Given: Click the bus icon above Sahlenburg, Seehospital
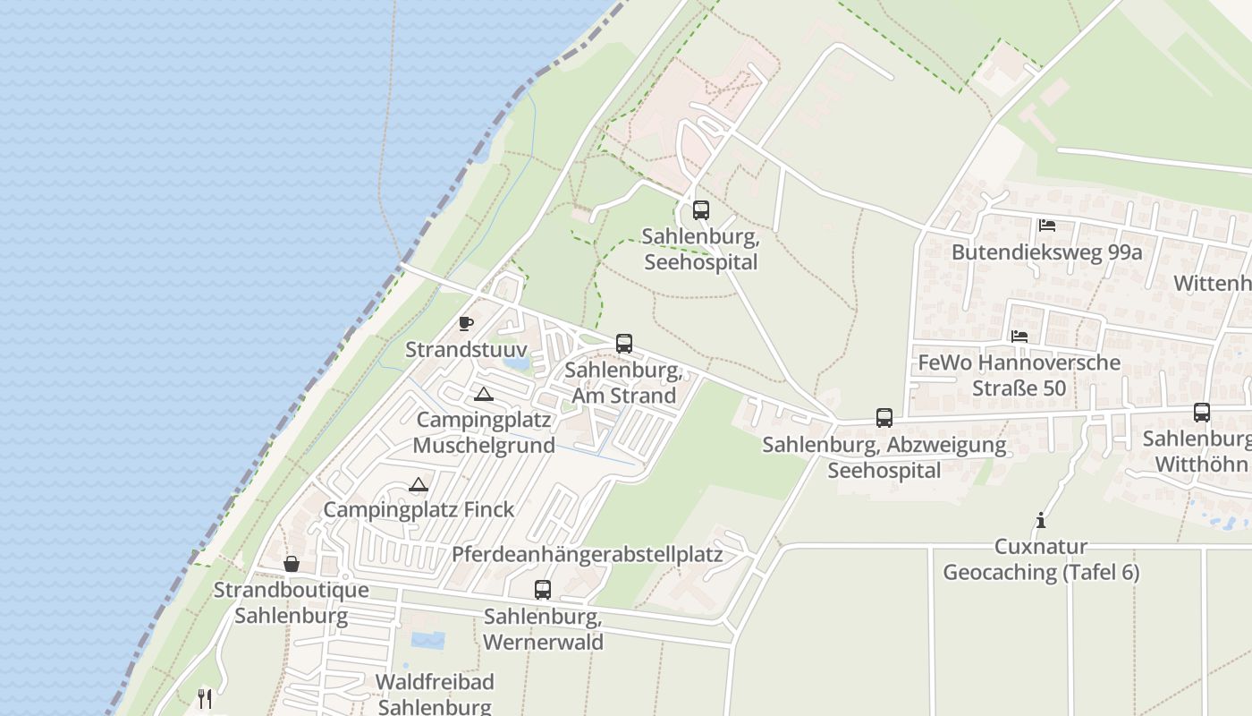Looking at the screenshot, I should tap(701, 210).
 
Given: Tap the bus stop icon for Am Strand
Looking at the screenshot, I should tap(624, 344).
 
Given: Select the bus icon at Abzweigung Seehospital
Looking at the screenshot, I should tap(884, 417).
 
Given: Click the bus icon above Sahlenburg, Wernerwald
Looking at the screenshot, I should tap(543, 590).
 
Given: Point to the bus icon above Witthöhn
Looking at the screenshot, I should tap(1202, 413).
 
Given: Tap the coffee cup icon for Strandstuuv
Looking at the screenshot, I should tap(465, 323).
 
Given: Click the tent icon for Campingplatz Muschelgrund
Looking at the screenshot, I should tap(484, 394).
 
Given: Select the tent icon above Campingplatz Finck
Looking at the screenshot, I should tap(418, 485).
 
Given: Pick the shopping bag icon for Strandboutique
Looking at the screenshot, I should tap(292, 564).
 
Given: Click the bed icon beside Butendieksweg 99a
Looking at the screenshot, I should tap(1047, 226).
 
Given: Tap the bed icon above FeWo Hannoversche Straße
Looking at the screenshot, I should tap(1019, 337).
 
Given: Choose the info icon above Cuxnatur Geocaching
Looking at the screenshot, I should tap(1040, 520).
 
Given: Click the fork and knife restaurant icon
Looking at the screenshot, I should tap(206, 698).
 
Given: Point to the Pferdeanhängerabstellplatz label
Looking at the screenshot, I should tap(587, 554).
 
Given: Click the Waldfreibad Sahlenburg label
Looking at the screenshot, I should tap(435, 694).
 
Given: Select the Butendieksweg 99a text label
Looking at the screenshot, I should tap(1046, 252).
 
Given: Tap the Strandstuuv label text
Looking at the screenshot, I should tap(466, 349).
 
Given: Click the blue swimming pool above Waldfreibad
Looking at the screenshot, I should tap(427, 640).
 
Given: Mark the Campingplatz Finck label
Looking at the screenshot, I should tap(419, 510).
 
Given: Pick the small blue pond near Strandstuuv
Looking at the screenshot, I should tap(516, 364).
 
